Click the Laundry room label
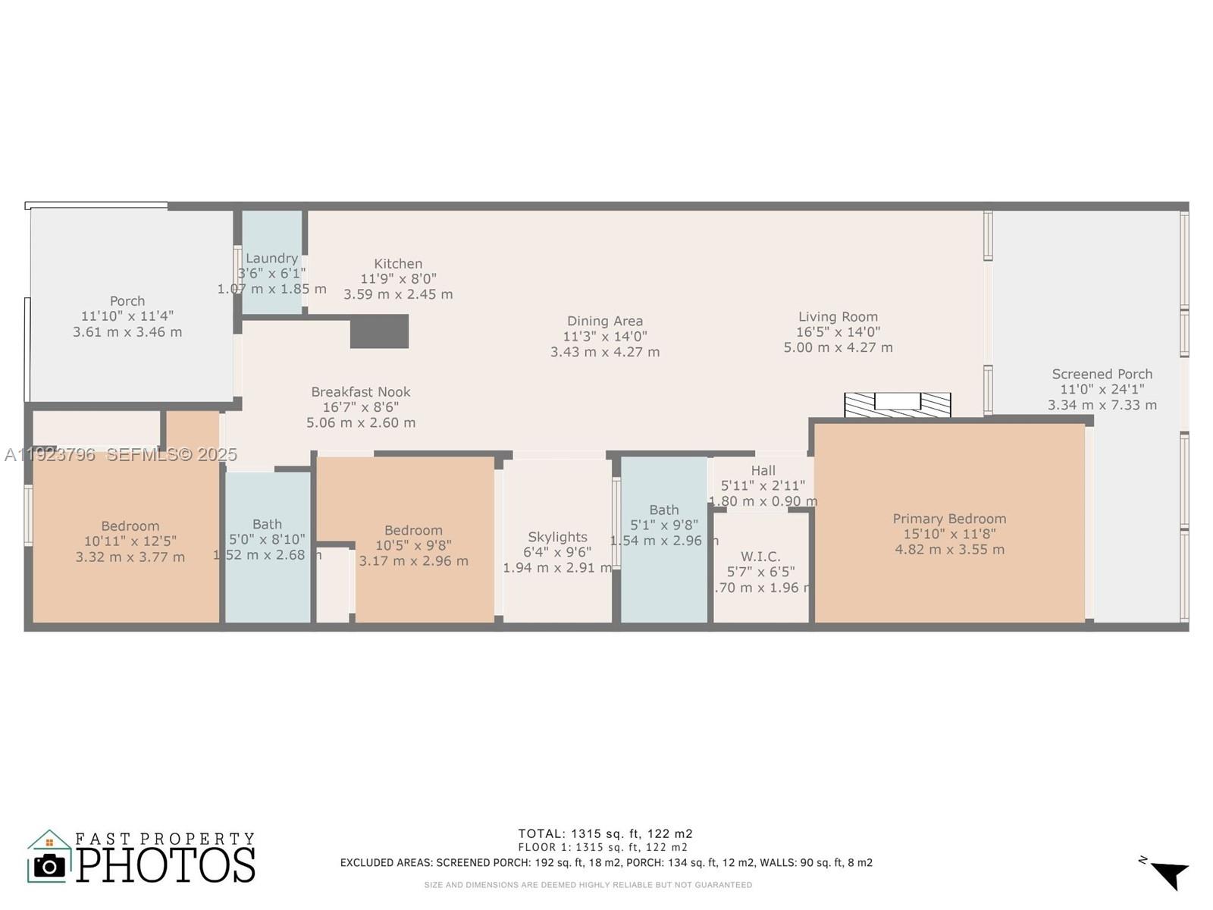coord(271,259)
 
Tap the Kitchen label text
coord(398,264)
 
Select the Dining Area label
coord(605,322)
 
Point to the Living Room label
coord(838,317)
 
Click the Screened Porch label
coord(1102,374)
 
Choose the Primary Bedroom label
coord(949,519)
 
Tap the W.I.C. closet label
coord(760,557)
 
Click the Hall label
coord(763,470)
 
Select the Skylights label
coord(557,537)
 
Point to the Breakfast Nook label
coord(361,392)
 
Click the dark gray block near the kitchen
coord(379,331)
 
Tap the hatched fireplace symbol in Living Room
coord(898,404)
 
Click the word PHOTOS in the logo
coord(165,865)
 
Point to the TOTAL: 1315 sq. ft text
coord(605,833)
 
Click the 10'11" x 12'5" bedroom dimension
coord(130,541)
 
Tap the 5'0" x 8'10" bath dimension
coord(267,540)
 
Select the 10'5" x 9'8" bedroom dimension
coord(413,546)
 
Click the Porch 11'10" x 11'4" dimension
coord(127,316)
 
